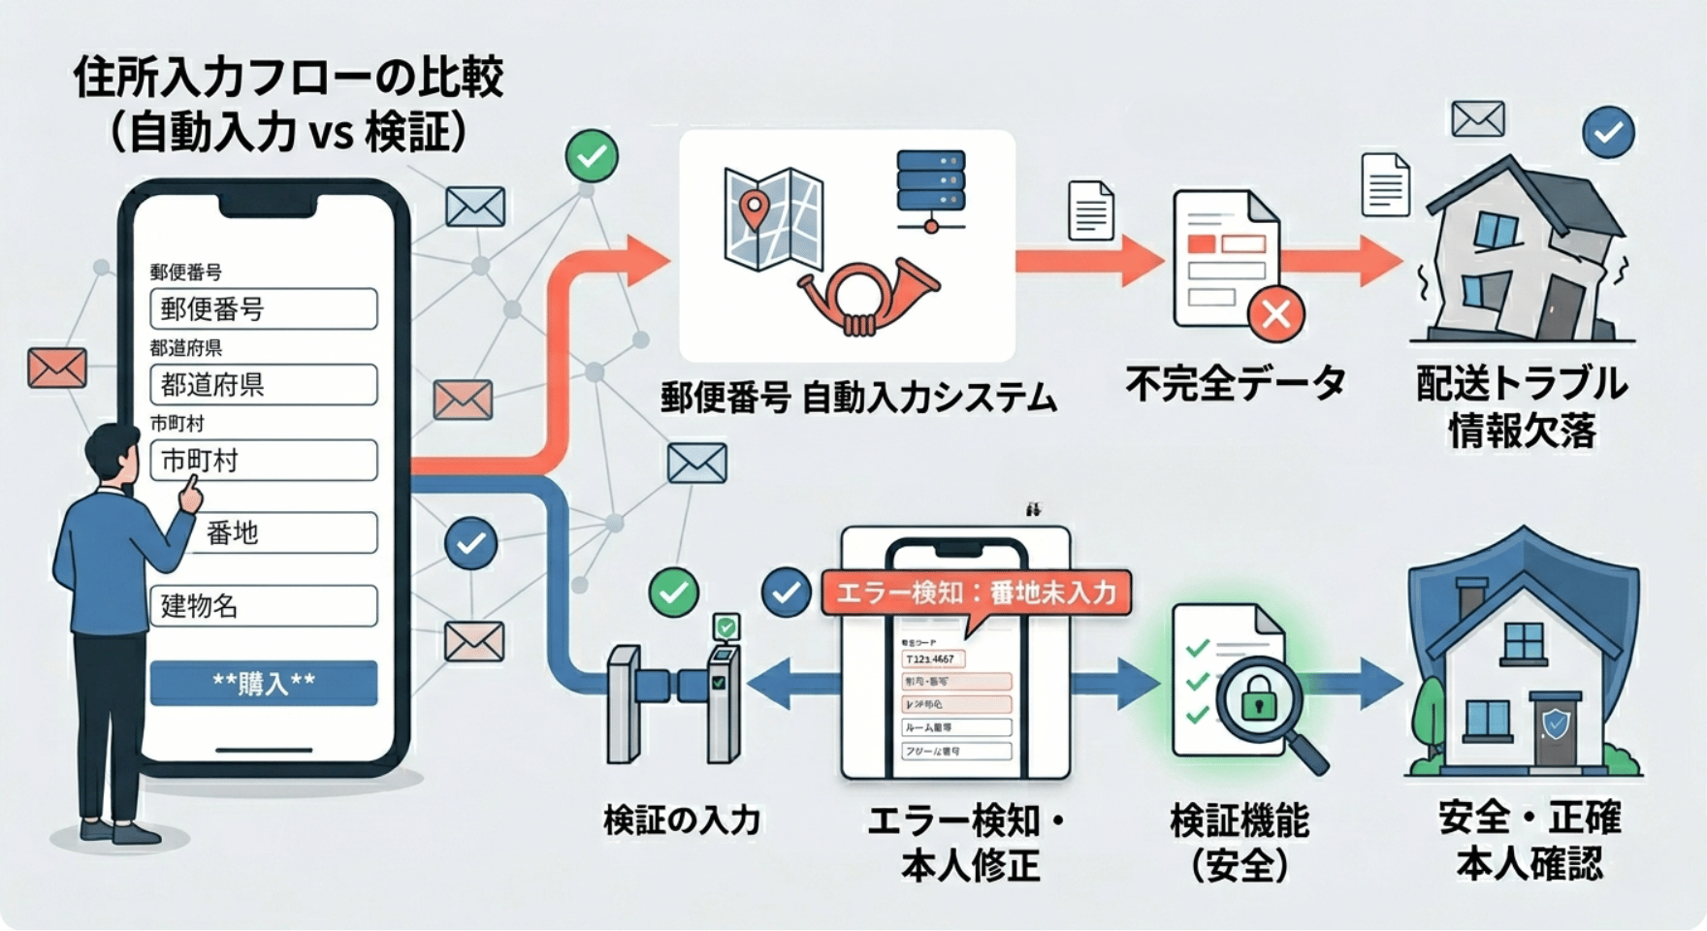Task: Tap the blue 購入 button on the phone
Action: [x=263, y=683]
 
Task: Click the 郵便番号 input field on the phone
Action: [x=263, y=309]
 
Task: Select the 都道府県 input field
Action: [x=263, y=385]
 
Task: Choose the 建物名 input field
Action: [x=263, y=606]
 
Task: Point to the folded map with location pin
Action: [x=772, y=218]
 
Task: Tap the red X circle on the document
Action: [x=1275, y=314]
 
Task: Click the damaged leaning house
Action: [x=1518, y=257]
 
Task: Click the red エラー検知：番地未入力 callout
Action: [x=975, y=593]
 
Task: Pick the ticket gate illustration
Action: [x=675, y=698]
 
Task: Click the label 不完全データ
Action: [x=1236, y=384]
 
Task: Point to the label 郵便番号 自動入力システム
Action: [x=858, y=398]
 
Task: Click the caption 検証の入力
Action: [x=682, y=820]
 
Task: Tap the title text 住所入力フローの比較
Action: [x=288, y=78]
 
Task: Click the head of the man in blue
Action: [x=113, y=454]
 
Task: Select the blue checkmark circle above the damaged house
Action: [x=1608, y=132]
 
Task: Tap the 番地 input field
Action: [x=281, y=532]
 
